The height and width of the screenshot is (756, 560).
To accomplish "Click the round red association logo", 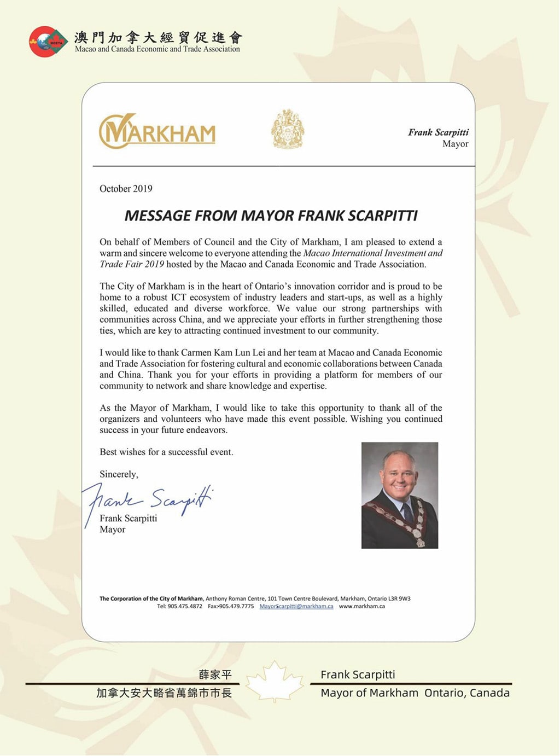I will pos(48,42).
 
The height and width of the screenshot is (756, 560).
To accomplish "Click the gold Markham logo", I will pos(157,131).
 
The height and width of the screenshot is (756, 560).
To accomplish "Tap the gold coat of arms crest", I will pos(288,129).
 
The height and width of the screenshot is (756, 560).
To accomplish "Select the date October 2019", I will pos(126,189).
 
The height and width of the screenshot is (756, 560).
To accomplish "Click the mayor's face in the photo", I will pos(398,473).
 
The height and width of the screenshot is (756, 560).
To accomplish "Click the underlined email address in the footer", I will pos(296,606).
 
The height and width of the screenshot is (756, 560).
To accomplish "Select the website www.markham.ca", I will pos(362,606).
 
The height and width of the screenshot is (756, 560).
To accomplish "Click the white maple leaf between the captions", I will pos(275,681).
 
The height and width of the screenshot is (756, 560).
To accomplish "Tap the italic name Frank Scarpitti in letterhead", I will pos(438,132).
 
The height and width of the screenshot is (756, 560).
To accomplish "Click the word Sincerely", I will pos(119,474).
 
